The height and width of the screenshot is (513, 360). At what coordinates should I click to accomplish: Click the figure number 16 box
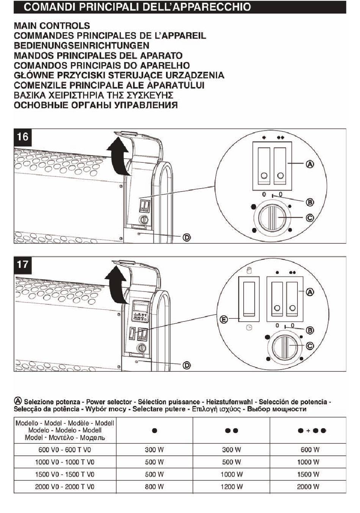click(x=23, y=137)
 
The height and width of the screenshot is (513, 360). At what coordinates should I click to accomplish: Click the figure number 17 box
click(x=23, y=264)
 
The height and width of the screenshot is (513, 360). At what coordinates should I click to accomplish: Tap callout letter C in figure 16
click(x=310, y=218)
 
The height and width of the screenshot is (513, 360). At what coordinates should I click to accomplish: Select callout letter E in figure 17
click(x=224, y=320)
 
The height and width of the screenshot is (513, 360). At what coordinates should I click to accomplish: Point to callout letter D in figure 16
click(x=186, y=237)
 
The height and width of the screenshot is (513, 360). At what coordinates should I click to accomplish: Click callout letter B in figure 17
click(x=310, y=330)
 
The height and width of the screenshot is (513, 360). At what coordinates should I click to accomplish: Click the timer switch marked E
click(x=249, y=298)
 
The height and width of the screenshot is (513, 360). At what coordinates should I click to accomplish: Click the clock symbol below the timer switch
click(x=249, y=328)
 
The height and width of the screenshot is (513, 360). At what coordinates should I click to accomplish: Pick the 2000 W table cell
click(x=308, y=486)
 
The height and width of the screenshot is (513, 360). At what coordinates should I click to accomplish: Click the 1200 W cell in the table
click(x=231, y=486)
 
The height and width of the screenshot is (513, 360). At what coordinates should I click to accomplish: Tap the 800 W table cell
click(x=154, y=486)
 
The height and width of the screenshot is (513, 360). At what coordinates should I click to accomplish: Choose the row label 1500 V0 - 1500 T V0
click(x=64, y=474)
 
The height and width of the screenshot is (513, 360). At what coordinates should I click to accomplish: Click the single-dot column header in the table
click(x=154, y=430)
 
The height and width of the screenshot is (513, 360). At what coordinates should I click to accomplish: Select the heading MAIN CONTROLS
click(x=52, y=26)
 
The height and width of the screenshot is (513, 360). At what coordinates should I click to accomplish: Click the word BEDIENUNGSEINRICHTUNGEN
click(x=81, y=45)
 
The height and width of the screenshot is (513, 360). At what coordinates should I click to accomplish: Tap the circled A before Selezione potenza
click(x=17, y=401)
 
